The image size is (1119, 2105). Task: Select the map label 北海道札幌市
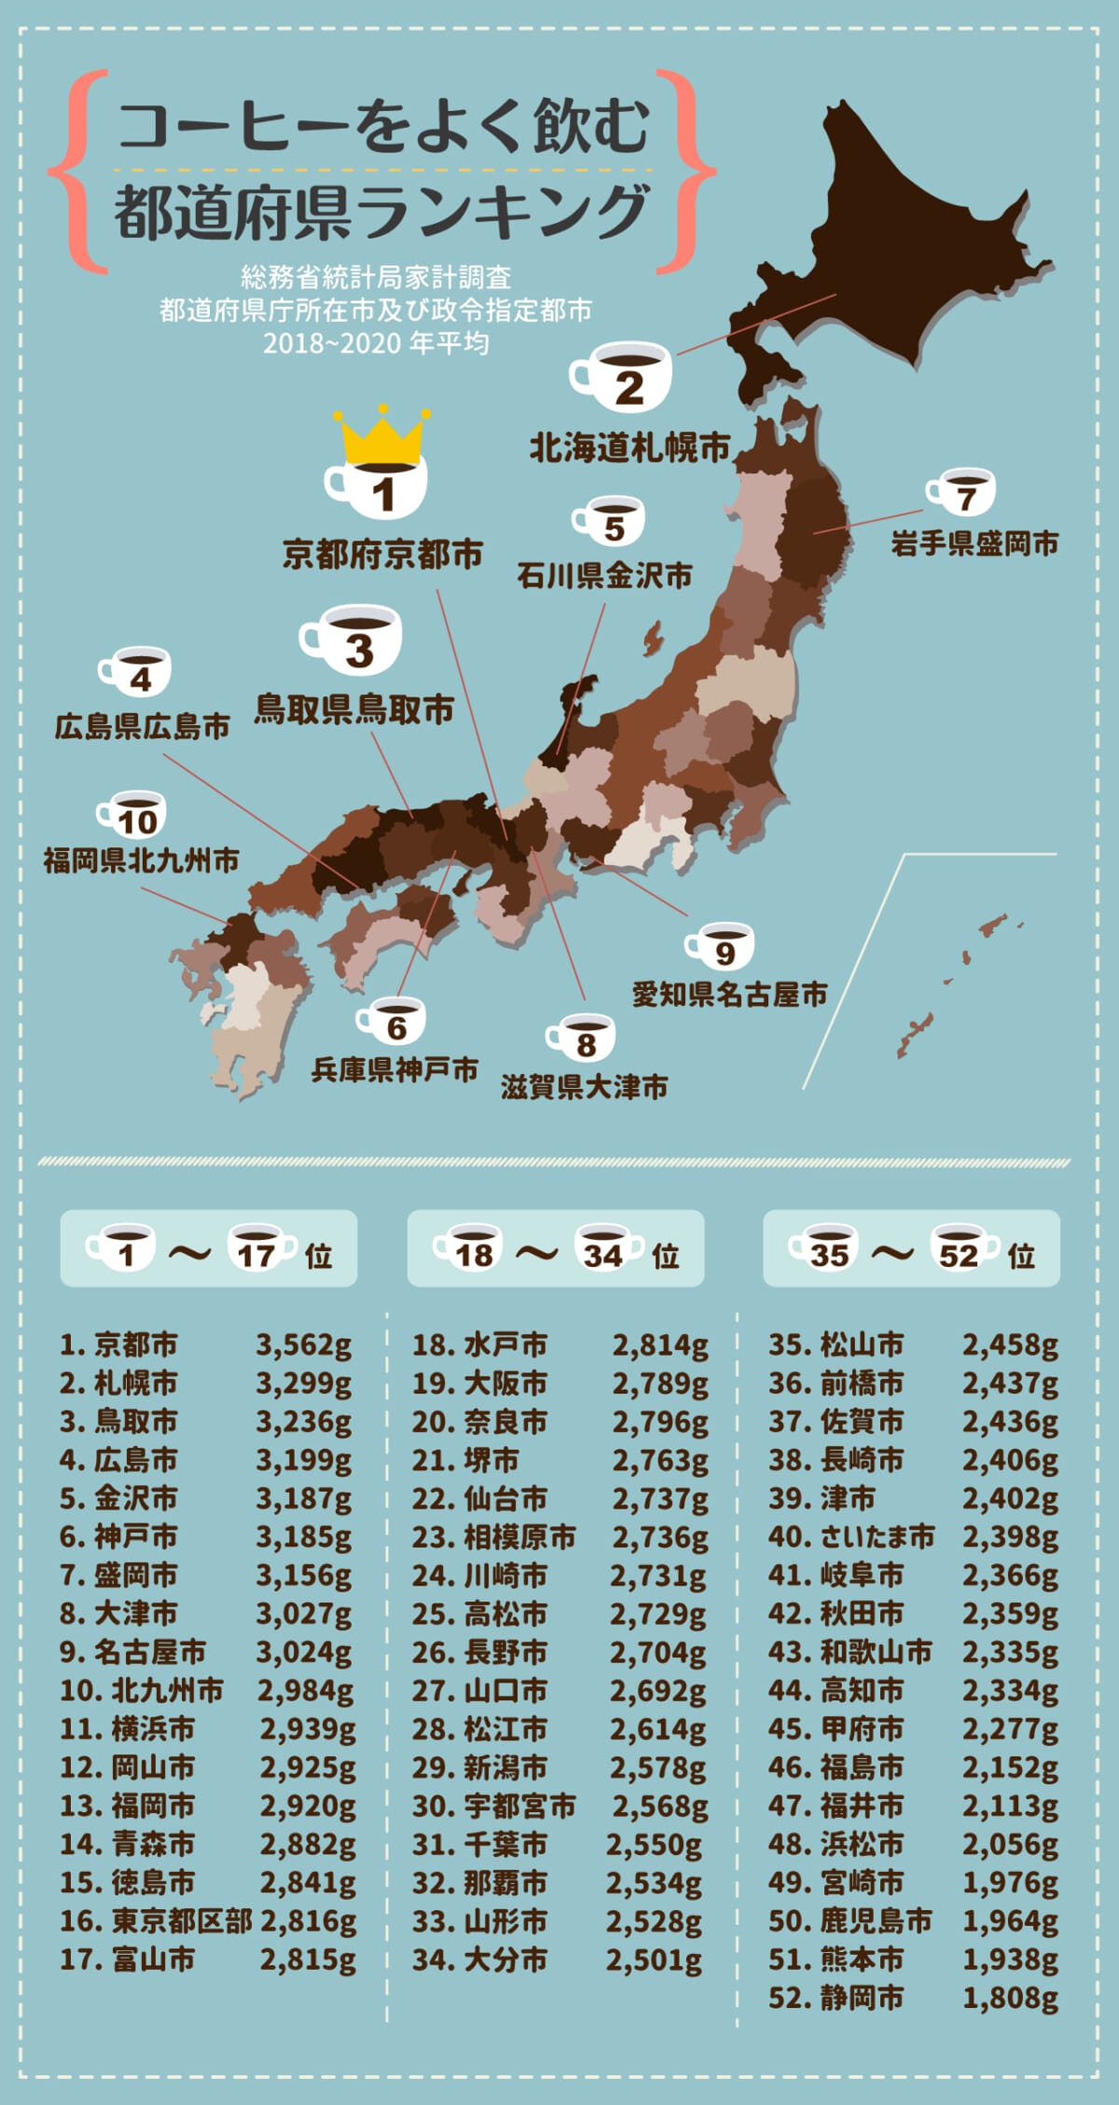[629, 448]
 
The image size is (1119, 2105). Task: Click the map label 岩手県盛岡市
[974, 543]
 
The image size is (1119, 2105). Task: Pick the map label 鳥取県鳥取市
[354, 709]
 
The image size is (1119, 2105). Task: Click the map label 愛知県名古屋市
[729, 995]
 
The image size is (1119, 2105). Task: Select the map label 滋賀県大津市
[585, 1087]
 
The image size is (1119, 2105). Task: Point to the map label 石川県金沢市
[604, 576]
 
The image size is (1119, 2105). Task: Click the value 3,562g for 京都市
[304, 1345]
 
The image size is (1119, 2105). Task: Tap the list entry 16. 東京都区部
[156, 1920]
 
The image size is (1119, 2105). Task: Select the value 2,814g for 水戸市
[660, 1345]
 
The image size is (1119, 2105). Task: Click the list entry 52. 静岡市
[836, 1997]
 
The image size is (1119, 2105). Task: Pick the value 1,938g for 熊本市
[1010, 1959]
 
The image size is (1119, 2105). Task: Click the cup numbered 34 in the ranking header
[606, 1249]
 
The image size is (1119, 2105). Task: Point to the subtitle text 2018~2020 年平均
[376, 343]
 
